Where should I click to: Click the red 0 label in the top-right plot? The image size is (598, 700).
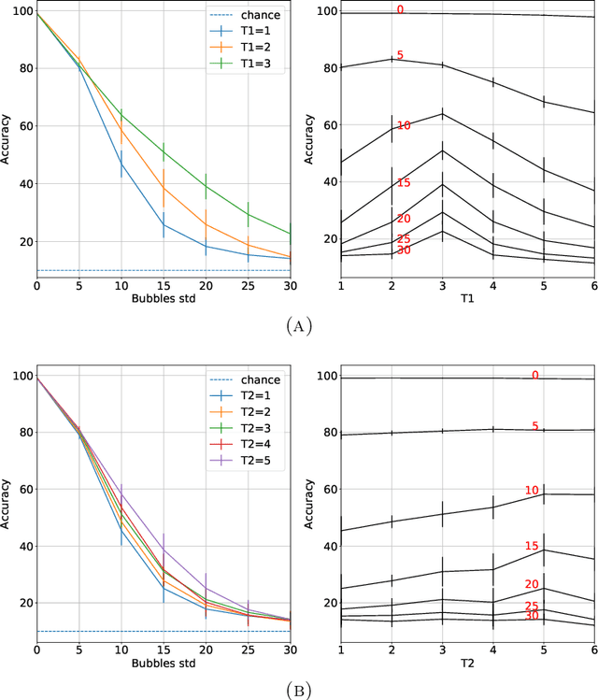tap(400, 9)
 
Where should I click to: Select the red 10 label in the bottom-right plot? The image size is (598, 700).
tap(532, 490)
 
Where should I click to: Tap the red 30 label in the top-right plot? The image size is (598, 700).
tap(404, 250)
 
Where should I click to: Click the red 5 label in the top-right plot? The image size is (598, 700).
tap(400, 55)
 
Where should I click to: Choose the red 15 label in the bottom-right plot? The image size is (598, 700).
tap(532, 546)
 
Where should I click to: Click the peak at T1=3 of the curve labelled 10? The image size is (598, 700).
tap(442, 114)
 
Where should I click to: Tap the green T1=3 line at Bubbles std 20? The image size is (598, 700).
tap(206, 186)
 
